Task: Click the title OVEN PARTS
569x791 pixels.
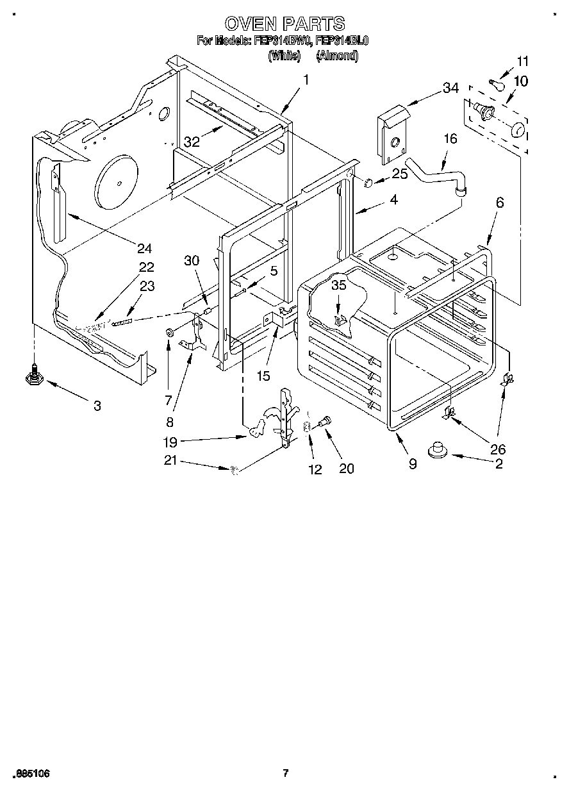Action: click(284, 24)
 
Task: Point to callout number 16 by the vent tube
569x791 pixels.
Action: click(450, 139)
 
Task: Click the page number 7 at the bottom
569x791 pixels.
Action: click(286, 773)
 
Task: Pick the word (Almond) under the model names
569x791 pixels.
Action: click(337, 56)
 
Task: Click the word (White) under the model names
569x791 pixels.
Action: click(284, 56)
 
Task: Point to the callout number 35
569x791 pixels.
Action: click(338, 285)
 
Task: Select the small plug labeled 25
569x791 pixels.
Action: click(368, 183)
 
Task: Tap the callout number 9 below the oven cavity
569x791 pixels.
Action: click(413, 463)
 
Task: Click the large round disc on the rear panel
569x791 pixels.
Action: click(116, 181)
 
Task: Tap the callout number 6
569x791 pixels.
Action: click(500, 203)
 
